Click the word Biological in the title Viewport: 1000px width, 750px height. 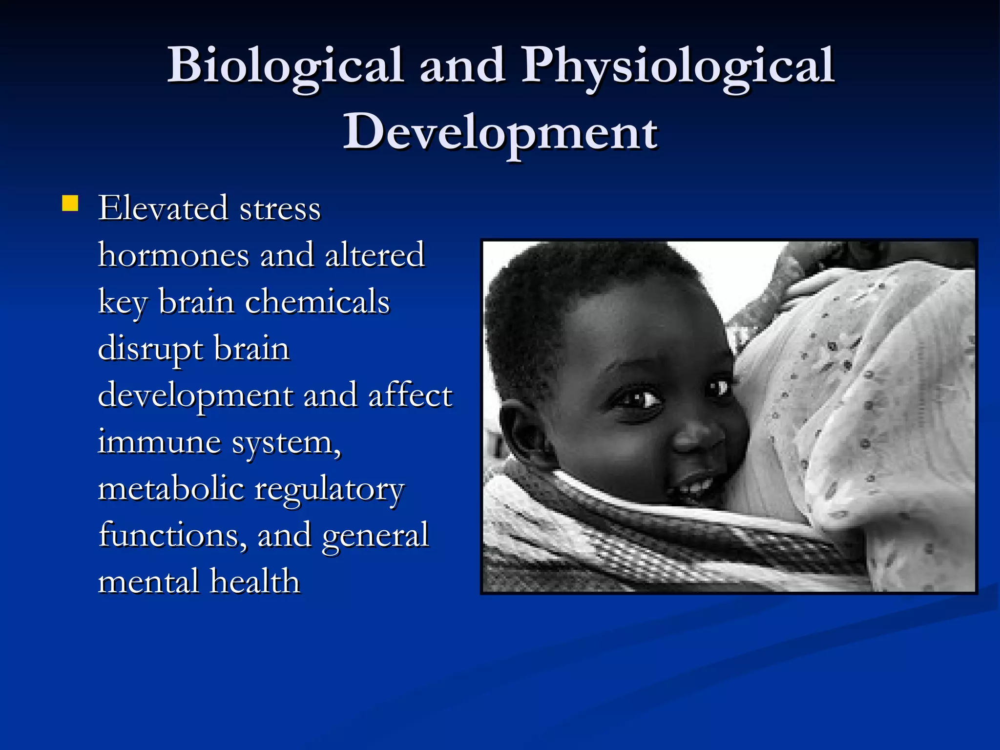[x=286, y=66]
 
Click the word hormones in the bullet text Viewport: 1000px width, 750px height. [x=173, y=255]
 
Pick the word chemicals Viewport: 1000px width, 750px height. [x=317, y=301]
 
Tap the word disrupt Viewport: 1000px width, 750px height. [x=150, y=349]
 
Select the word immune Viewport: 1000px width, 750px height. [x=159, y=442]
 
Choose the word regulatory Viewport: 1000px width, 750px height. [x=330, y=490]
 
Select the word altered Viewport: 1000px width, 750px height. [x=375, y=255]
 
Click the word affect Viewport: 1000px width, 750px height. [x=410, y=396]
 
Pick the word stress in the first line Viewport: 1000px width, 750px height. [x=280, y=208]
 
